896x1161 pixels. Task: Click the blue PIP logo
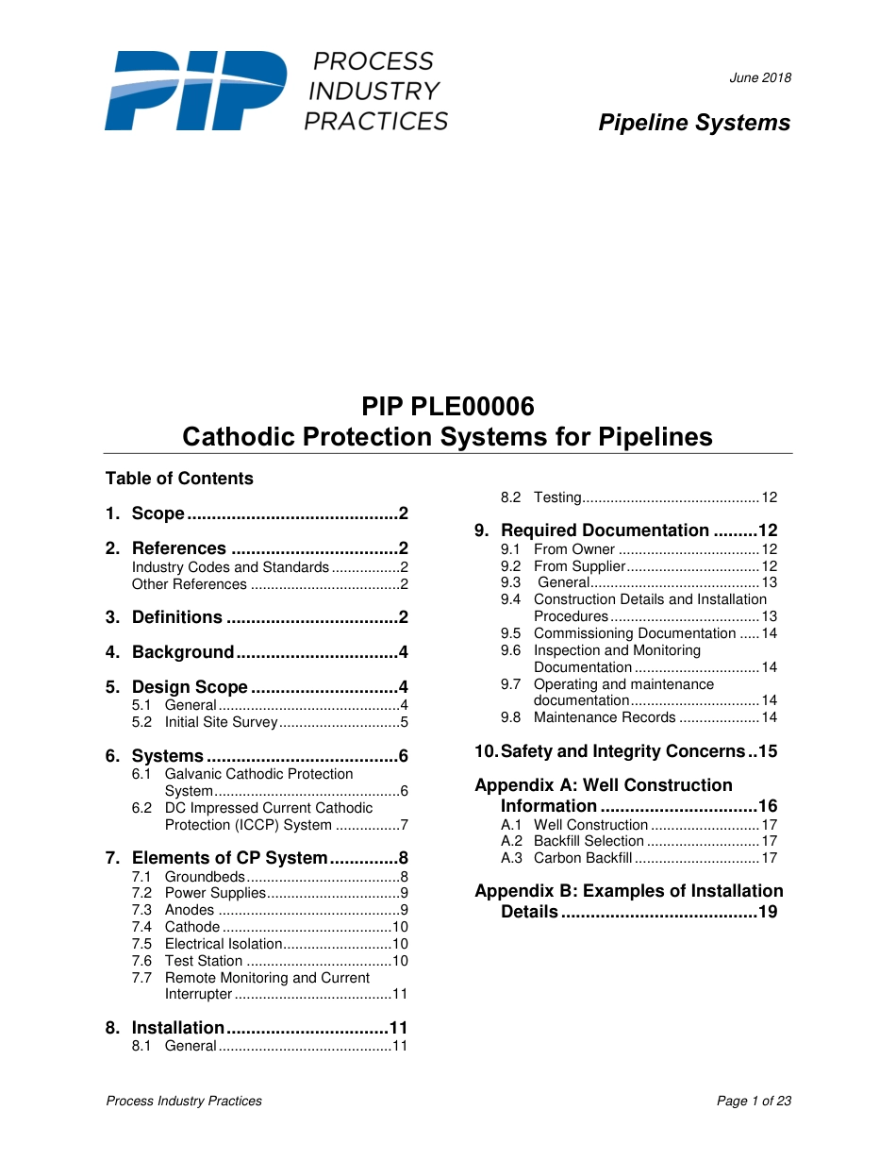coord(195,91)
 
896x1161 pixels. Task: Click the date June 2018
coord(759,77)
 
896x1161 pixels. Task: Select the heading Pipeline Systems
coord(694,123)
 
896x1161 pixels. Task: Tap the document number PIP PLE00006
coord(448,407)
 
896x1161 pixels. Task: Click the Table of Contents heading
coord(179,479)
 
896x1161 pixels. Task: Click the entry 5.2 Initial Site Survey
coord(221,722)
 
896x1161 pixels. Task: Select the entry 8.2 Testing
coord(556,497)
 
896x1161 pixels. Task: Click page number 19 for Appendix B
coord(767,913)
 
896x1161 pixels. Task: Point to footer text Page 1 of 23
coord(754,1101)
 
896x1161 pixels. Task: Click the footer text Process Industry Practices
coord(184,1101)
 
